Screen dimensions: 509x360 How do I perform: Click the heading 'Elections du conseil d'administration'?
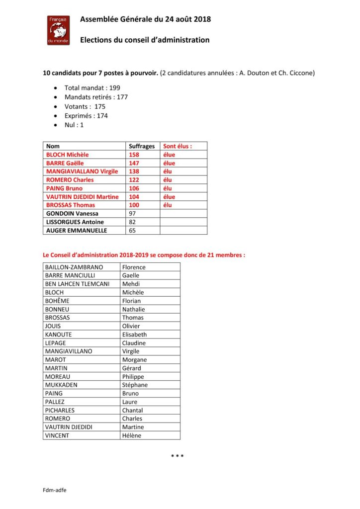pyautogui.click(x=145, y=40)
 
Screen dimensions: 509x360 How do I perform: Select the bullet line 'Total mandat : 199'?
pyautogui.click(x=92, y=88)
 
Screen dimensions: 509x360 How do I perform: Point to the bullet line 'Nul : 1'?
pyautogui.click(x=74, y=125)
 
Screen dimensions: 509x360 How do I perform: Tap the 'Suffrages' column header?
pyautogui.click(x=142, y=147)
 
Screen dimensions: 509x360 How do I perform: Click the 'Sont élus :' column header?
pyautogui.click(x=178, y=147)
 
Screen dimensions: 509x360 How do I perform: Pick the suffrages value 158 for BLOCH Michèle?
pyautogui.click(x=134, y=155)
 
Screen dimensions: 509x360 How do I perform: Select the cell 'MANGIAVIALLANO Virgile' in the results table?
pyautogui.click(x=82, y=171)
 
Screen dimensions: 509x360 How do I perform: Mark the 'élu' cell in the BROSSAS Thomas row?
pyautogui.click(x=169, y=205)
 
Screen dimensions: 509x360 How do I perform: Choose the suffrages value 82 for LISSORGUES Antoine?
pyautogui.click(x=133, y=222)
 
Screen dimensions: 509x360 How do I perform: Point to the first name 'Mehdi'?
pyautogui.click(x=132, y=284)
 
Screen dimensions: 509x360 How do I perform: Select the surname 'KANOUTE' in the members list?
pyautogui.click(x=58, y=335)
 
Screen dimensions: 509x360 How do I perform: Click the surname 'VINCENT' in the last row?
pyautogui.click(x=57, y=435)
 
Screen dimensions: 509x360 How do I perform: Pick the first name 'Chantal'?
pyautogui.click(x=132, y=410)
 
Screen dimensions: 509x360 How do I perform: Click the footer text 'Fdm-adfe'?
pyautogui.click(x=54, y=490)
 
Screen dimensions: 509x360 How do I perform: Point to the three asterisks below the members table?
pyautogui.click(x=178, y=456)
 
